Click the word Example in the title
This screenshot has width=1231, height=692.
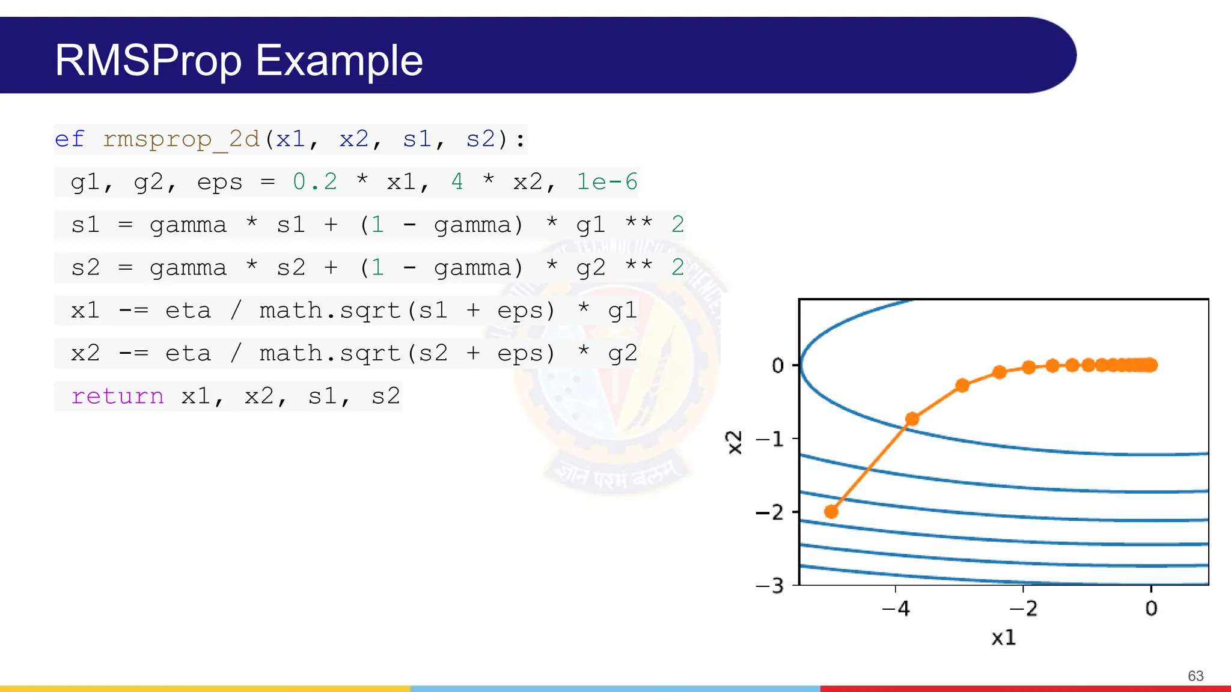coord(339,61)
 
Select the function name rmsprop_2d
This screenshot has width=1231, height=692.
coord(181,139)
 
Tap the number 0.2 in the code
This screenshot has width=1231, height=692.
coord(314,182)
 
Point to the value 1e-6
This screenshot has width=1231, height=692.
coord(606,182)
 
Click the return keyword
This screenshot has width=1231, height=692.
coord(117,396)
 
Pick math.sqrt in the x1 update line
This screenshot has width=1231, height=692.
coord(329,311)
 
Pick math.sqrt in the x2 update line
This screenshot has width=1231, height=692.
coord(329,353)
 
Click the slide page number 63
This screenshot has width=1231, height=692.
coord(1196,676)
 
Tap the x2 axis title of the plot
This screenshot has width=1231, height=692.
coord(735,443)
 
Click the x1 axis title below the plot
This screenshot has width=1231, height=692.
coord(1003,637)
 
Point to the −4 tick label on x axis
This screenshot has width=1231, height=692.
coord(896,609)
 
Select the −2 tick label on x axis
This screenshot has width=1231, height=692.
coord(1023,609)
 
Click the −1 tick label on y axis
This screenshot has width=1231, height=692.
coord(769,439)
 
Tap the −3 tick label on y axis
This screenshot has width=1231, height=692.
coord(769,586)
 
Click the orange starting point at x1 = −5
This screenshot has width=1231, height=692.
coord(831,512)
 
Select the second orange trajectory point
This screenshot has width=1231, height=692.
coord(912,419)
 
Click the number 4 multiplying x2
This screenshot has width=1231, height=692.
coord(457,182)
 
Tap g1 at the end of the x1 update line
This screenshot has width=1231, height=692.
coord(622,311)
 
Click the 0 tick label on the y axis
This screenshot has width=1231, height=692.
coord(778,365)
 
